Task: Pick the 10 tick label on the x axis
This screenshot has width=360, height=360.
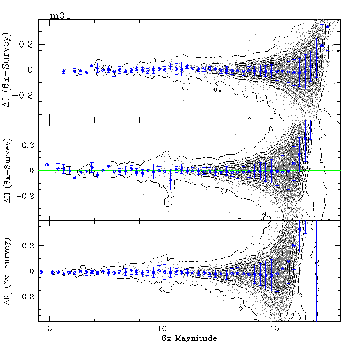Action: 162,328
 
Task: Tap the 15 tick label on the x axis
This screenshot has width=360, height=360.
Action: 273,328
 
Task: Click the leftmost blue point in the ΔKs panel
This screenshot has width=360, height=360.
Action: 41,272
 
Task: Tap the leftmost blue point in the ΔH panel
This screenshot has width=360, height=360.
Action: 47,165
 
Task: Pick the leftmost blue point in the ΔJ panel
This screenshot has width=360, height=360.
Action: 63,71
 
